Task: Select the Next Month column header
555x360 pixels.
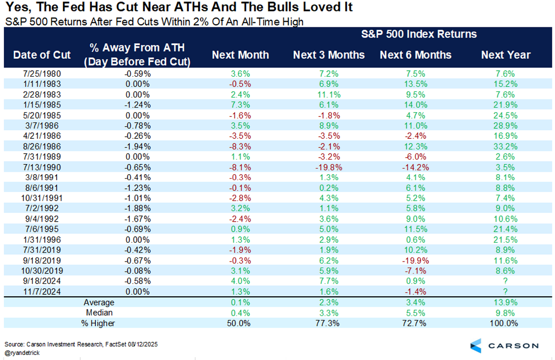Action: [x=240, y=55]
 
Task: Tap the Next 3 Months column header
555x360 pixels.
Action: [x=328, y=55]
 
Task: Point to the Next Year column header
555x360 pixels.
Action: [x=506, y=55]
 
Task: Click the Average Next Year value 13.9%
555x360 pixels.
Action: [x=506, y=302]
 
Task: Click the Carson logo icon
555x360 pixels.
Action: [x=475, y=345]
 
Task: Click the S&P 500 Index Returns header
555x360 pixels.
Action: [x=419, y=34]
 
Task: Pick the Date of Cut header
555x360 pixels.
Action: [x=42, y=55]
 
